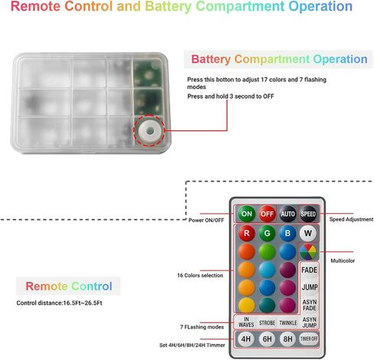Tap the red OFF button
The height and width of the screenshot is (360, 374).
[x=267, y=214]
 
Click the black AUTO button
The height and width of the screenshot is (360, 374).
[x=287, y=214]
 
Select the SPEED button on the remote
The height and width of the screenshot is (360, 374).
[x=308, y=214]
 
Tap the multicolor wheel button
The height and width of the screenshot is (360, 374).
[x=308, y=251]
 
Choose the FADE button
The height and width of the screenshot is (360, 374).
[x=310, y=270]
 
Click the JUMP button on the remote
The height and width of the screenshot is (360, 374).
[x=310, y=287]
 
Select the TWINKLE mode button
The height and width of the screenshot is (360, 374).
[x=288, y=323]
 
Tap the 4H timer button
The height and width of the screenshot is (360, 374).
[x=246, y=339]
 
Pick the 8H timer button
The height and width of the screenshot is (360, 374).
[x=288, y=339]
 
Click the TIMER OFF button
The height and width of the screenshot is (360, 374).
[x=309, y=339]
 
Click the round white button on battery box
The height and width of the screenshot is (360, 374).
[x=149, y=131]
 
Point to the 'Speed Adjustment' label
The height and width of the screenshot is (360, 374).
[x=351, y=219]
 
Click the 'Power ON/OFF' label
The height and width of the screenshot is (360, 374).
[x=206, y=220]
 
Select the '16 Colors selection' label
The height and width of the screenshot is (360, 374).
[x=200, y=275]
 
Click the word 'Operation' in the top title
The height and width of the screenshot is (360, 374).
[x=320, y=7]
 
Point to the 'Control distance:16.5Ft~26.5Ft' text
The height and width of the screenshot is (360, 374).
[x=59, y=303]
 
